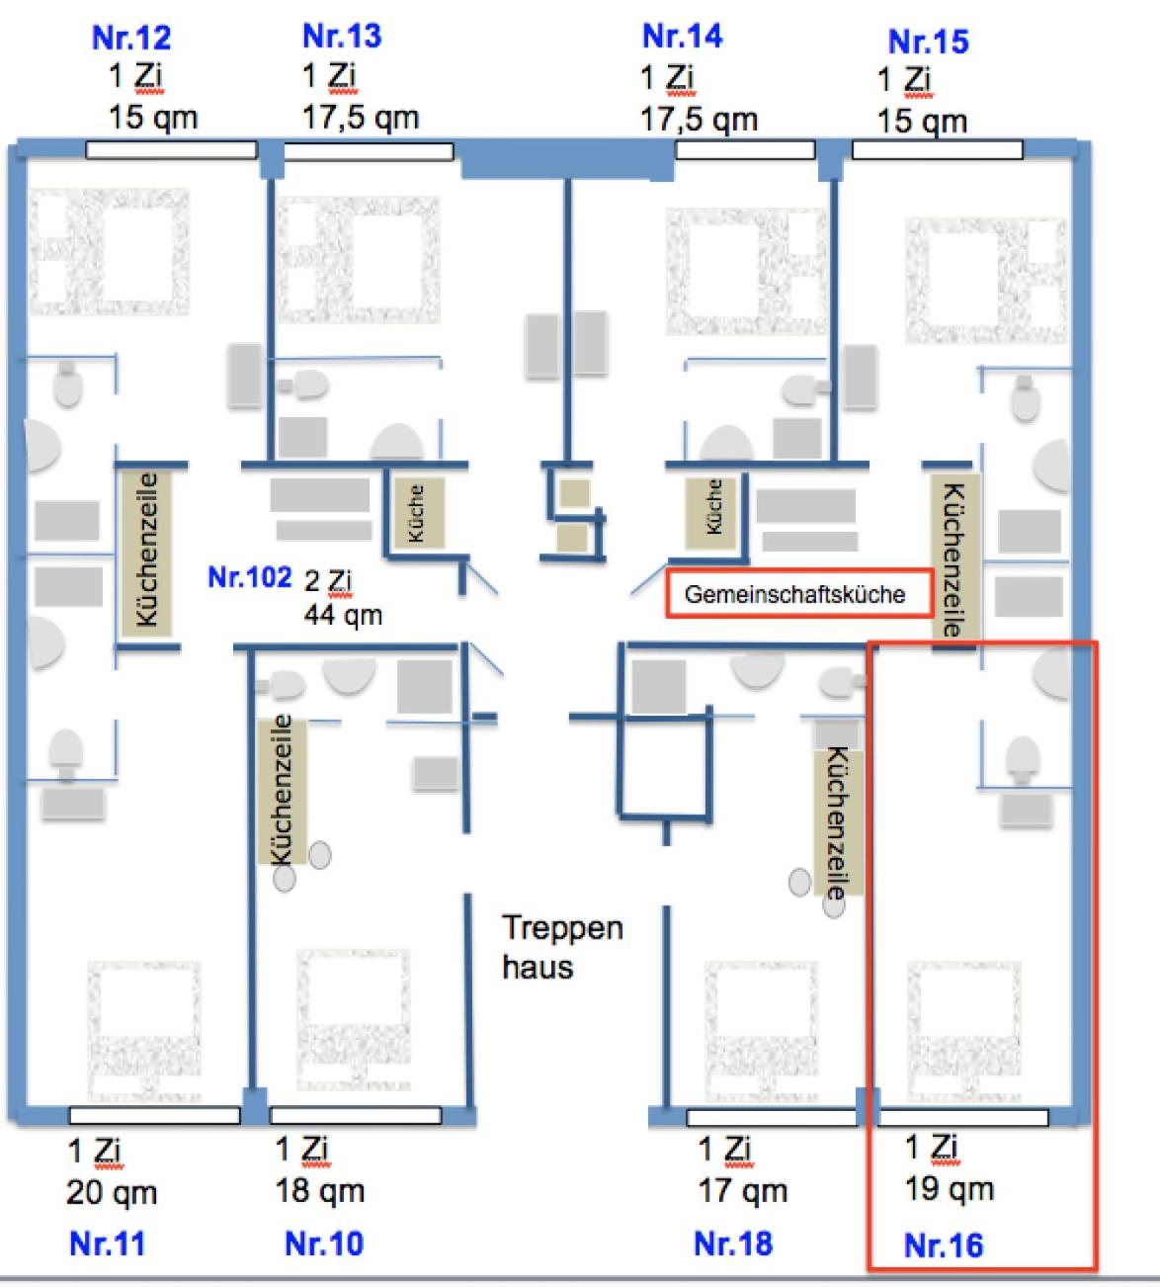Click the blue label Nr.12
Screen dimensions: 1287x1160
pos(131,38)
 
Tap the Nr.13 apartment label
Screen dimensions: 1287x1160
pos(342,36)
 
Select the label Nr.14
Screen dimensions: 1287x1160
pos(682,37)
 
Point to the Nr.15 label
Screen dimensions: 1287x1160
pos(928,42)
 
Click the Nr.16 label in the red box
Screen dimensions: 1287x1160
pos(944,1245)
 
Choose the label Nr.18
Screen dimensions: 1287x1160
pos(733,1243)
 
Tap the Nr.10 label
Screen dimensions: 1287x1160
pos(324,1243)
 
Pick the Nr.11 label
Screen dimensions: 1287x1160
pos(107,1243)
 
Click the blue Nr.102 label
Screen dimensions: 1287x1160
pos(250,577)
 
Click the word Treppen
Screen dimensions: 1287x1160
pos(562,928)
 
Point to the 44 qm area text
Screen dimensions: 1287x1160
pos(343,615)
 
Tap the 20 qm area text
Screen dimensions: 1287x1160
pos(112,1193)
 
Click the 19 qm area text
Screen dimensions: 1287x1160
pos(949,1189)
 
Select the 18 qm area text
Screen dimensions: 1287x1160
pos(319,1191)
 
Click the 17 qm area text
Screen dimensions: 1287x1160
pos(742,1191)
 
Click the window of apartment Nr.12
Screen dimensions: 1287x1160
pos(171,150)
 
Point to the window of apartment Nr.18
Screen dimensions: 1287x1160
pos(771,1118)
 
